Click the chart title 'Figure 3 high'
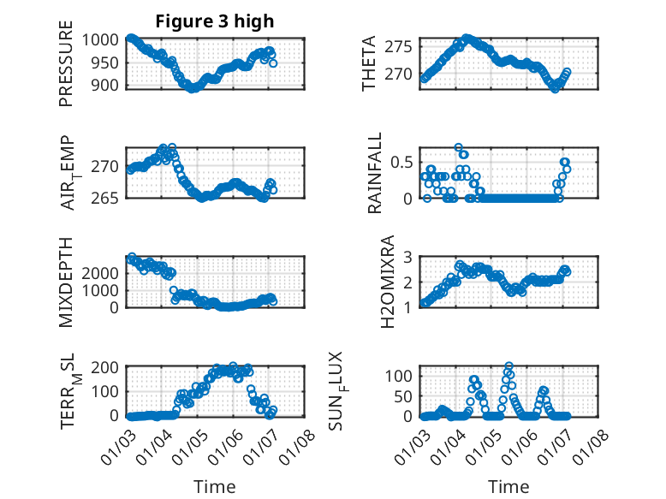214,21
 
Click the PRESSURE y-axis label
66,70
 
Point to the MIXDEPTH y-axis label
66,282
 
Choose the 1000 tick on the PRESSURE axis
104,39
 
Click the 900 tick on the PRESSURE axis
110,85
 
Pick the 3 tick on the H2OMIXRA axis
409,257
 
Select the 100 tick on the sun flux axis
404,376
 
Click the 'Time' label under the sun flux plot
508,486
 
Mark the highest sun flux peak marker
509,366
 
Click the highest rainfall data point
459,147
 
